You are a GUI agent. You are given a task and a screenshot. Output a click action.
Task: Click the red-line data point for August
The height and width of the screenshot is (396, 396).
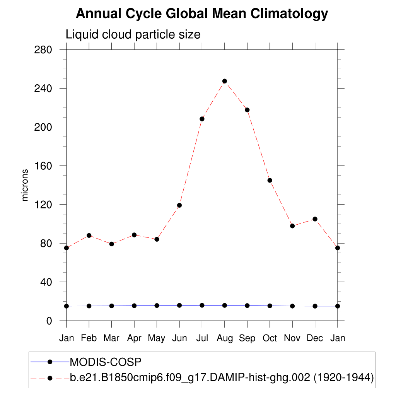[x=225, y=81]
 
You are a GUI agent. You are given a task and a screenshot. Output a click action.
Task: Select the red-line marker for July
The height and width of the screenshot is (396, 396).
[x=202, y=119]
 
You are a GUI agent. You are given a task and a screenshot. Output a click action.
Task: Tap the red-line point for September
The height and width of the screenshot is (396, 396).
[x=247, y=110]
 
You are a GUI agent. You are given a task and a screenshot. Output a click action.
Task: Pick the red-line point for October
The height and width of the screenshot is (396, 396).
[x=270, y=180]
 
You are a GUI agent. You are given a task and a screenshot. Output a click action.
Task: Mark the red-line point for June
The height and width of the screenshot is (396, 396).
[x=179, y=205]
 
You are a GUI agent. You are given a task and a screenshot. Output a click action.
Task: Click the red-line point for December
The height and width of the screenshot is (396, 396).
[x=315, y=219]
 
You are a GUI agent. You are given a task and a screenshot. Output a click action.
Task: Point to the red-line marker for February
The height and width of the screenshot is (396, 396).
[x=89, y=236]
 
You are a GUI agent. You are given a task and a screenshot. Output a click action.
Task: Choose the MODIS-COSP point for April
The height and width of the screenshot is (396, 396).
[x=134, y=306]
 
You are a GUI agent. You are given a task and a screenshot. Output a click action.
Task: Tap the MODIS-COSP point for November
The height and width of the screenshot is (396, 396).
[x=292, y=306]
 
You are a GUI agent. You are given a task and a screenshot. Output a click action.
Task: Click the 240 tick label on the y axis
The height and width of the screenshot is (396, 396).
[x=44, y=89]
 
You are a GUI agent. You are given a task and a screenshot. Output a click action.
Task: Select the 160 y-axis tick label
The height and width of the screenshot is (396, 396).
[x=44, y=166]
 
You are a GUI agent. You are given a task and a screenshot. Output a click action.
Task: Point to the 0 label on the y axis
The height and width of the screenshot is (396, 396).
[x=49, y=321]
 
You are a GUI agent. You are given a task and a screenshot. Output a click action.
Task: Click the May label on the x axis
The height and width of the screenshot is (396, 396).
[x=157, y=338]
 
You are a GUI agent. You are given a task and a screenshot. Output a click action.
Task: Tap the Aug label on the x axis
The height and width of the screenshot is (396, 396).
[x=225, y=338]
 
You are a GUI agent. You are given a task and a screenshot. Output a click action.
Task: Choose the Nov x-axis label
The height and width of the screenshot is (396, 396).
[x=292, y=338]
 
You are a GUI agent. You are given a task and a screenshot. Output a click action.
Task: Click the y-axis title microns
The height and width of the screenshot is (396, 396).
[x=25, y=185]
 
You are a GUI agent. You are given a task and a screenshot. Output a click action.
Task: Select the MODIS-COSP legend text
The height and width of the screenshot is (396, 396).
[x=106, y=362]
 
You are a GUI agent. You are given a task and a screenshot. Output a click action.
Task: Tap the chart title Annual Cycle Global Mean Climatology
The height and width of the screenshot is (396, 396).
[x=202, y=14]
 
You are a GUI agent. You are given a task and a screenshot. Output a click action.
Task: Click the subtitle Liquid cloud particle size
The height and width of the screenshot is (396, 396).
[x=133, y=34]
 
